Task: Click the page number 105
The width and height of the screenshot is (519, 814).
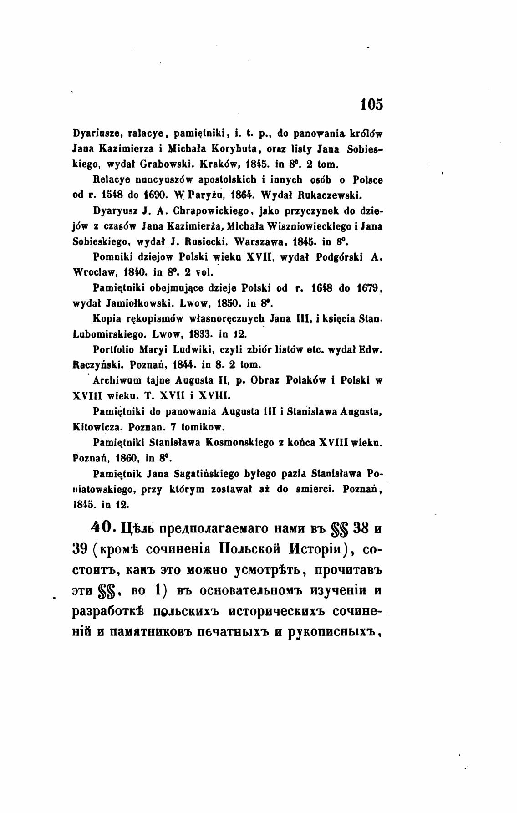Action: click(x=371, y=104)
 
